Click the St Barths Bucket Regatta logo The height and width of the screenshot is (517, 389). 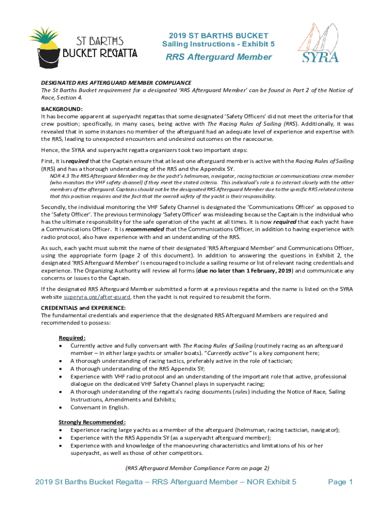(84, 45)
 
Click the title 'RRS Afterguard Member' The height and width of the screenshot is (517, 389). (219, 57)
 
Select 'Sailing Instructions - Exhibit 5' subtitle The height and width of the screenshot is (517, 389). (219, 44)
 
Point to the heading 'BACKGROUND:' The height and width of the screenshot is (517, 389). (62, 109)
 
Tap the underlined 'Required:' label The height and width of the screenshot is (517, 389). (72, 338)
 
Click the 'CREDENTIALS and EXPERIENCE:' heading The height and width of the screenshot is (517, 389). (83, 308)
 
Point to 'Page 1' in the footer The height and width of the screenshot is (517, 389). (340, 482)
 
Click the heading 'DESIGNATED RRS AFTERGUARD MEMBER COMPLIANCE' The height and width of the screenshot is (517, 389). (116, 82)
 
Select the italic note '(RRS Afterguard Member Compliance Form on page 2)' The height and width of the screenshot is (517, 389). (197, 468)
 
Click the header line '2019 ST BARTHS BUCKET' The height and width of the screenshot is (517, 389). (219, 36)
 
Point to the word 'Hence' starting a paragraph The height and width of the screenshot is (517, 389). (50, 149)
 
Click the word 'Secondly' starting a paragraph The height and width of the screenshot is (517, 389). (54, 207)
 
